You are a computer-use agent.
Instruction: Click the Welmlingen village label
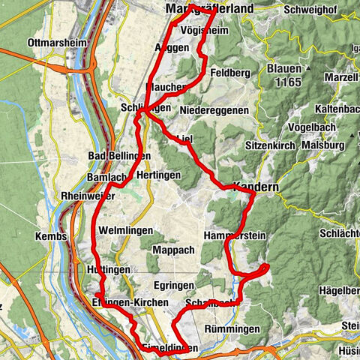coord(126,230)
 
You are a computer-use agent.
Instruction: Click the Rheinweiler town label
coord(83,196)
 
